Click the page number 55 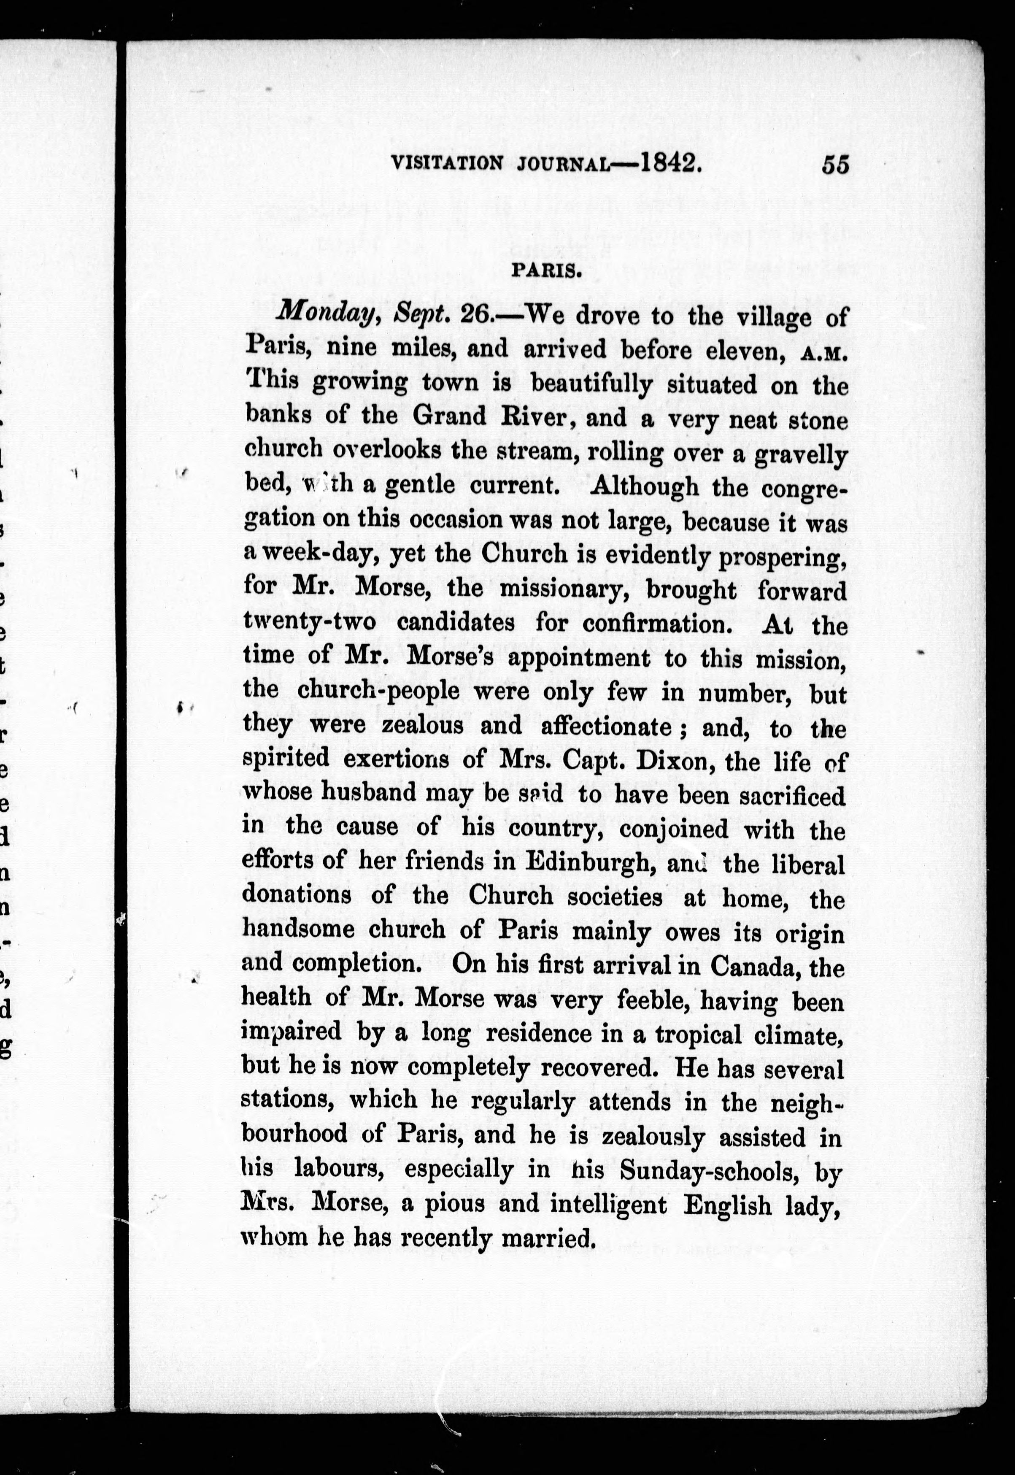[835, 164]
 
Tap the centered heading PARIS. [545, 272]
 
